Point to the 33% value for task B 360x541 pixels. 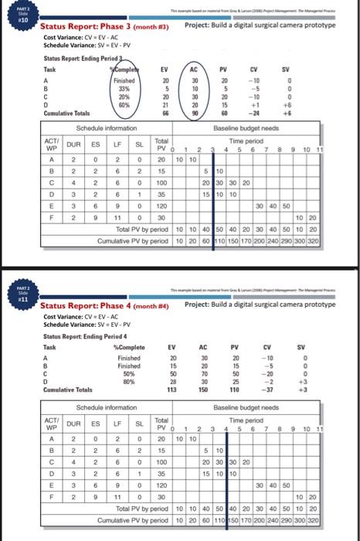[124, 87]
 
